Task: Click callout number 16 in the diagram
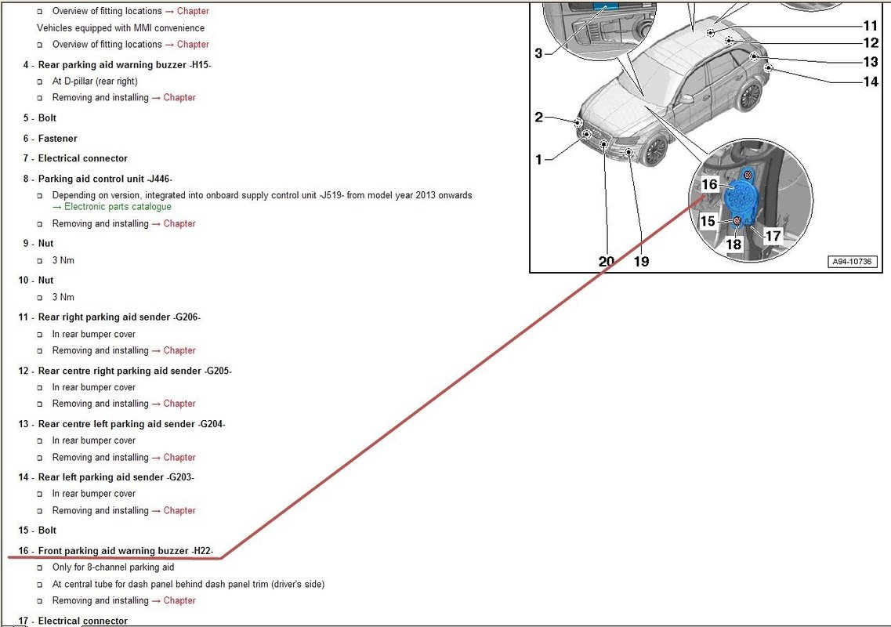coord(710,184)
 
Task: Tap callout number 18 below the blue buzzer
coord(733,244)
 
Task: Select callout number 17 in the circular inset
coord(773,235)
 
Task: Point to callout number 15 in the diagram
coord(708,220)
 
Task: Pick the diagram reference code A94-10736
coord(852,262)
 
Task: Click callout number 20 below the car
coord(607,261)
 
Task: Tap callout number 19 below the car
coord(642,261)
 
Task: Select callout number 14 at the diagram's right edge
coord(871,82)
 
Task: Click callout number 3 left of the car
coord(538,53)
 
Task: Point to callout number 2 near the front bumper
coord(538,117)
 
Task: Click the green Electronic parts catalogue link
coord(118,207)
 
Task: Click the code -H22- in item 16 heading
coord(202,551)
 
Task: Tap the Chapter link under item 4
coord(179,98)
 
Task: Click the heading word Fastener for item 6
coord(57,139)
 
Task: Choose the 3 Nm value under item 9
coord(63,260)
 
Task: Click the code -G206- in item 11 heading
coord(187,317)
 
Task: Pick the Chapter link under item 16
coord(179,601)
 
